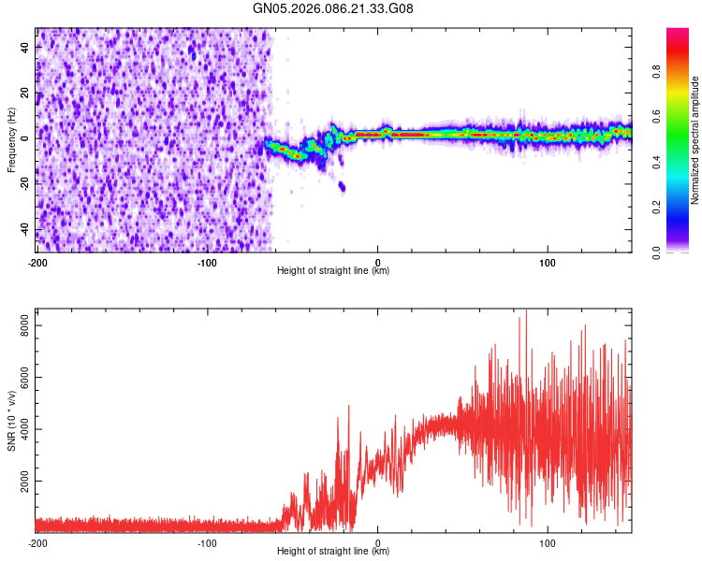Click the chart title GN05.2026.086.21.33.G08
[346, 8]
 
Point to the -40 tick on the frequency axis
[24, 229]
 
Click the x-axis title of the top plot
[333, 271]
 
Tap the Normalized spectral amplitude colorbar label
[695, 140]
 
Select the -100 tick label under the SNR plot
[207, 542]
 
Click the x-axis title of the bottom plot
[333, 552]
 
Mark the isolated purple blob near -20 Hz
[342, 187]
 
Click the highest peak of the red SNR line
[525, 309]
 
